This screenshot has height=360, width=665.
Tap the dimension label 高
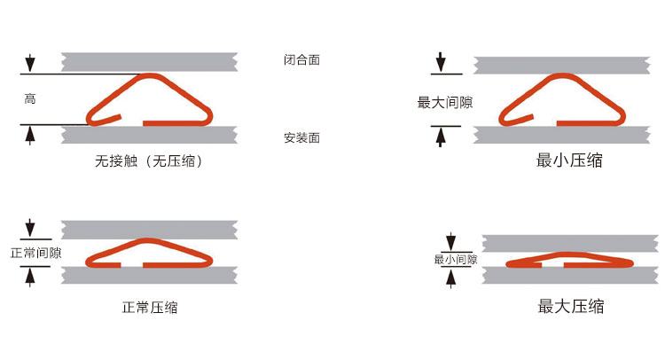click(x=30, y=99)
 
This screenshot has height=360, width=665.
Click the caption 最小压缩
click(x=571, y=160)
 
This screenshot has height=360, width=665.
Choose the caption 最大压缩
click(x=571, y=307)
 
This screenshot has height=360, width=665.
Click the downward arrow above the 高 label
click(x=30, y=63)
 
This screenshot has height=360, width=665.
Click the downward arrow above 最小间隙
click(x=451, y=241)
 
